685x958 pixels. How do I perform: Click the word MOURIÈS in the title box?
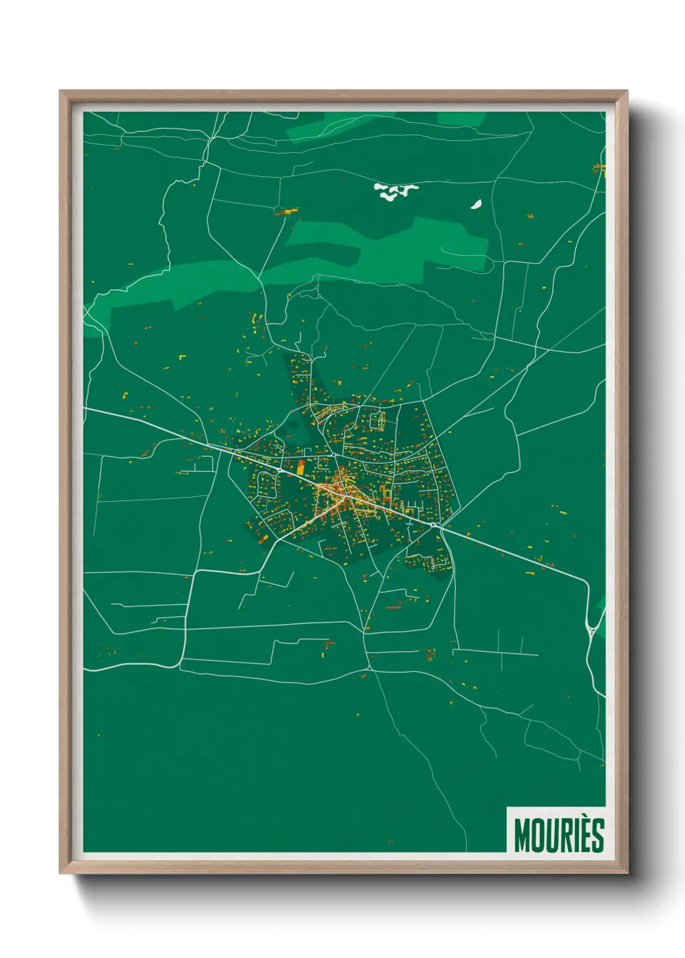point(559,835)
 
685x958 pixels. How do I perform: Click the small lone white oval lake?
point(477,205)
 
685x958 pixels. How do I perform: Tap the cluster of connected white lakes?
point(395,190)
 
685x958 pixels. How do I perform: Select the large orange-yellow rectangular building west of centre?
point(301,467)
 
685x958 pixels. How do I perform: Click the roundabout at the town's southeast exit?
point(433,525)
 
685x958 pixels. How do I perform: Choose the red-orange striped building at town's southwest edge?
point(263,539)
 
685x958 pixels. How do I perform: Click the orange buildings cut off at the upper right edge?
point(600,170)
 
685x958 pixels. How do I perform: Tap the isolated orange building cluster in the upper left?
point(286,211)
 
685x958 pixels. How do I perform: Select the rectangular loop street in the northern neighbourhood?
point(377,421)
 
